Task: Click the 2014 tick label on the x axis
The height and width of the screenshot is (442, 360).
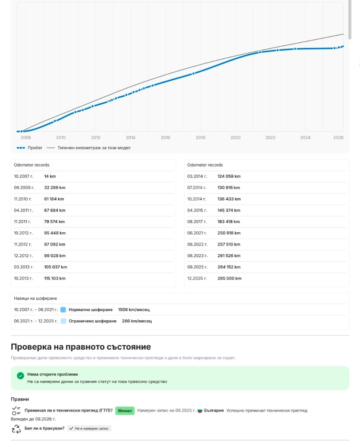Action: (x=130, y=138)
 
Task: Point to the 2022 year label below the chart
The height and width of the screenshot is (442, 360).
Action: (x=270, y=138)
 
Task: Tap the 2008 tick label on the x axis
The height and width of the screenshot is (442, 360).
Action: (x=25, y=138)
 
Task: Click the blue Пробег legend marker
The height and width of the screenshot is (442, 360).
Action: (x=21, y=148)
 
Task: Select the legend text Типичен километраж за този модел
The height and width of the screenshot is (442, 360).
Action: (x=94, y=148)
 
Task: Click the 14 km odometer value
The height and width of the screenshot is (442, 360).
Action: (x=50, y=176)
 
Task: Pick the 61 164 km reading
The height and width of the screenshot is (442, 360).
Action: (x=54, y=199)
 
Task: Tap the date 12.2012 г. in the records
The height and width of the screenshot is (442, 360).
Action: (x=23, y=256)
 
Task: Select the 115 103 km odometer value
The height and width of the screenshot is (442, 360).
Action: (x=55, y=278)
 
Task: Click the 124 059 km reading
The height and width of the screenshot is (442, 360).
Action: (x=229, y=176)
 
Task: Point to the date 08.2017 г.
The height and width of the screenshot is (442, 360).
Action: (x=197, y=221)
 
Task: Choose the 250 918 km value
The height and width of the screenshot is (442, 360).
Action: (x=229, y=233)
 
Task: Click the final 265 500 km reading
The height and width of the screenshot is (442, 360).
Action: (x=230, y=278)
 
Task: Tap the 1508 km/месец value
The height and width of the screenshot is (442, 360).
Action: (x=134, y=309)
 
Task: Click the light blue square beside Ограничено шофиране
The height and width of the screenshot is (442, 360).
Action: (x=63, y=321)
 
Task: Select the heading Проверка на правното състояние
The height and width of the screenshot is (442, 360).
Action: (x=81, y=347)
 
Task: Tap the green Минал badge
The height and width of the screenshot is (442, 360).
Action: (x=125, y=410)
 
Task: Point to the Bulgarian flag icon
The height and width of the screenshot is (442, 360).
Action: (x=200, y=410)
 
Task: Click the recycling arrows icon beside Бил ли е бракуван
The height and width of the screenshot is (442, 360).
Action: (x=16, y=429)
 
